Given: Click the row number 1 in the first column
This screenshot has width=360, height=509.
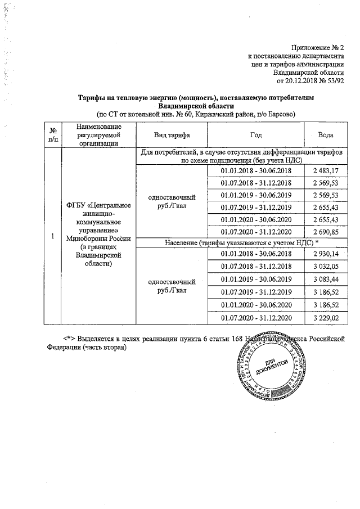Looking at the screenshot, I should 52,237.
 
